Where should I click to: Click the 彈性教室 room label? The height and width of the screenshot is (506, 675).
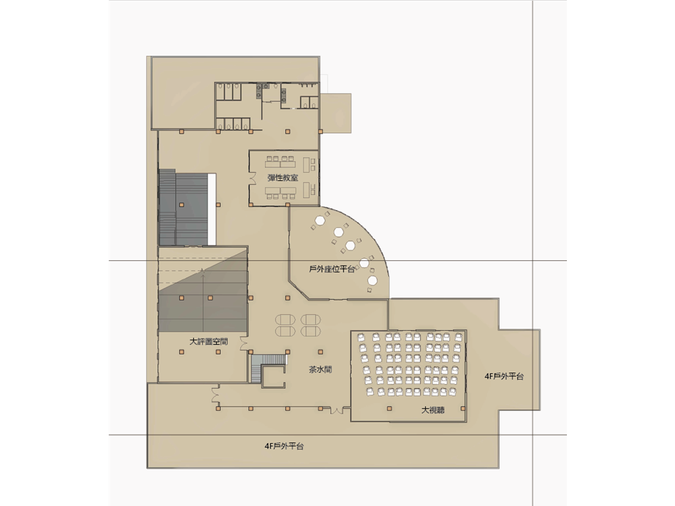click(282, 178)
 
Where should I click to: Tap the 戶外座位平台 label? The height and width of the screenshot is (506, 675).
click(332, 269)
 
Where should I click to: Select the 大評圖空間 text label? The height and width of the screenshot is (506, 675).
click(209, 342)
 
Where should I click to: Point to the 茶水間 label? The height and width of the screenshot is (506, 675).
click(320, 369)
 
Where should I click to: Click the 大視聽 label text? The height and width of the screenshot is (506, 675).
click(432, 410)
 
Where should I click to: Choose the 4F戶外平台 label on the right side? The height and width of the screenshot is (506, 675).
click(504, 376)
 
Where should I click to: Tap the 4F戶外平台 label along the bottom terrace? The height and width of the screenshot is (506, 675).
click(284, 446)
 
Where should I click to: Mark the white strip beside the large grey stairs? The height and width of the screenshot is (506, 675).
click(212, 209)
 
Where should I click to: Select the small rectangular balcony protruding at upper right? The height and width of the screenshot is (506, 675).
click(336, 113)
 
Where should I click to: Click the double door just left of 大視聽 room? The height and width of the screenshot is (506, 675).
click(337, 410)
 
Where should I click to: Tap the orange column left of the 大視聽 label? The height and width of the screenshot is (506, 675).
click(390, 408)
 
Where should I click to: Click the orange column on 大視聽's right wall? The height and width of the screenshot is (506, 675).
click(463, 408)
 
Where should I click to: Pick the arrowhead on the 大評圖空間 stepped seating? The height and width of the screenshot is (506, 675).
click(203, 269)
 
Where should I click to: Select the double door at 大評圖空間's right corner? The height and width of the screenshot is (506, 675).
click(244, 343)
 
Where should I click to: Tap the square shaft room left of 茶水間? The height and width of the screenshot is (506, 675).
click(274, 376)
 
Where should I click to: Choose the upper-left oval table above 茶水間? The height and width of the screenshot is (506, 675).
click(285, 320)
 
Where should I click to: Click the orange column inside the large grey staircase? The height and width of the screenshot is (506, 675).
click(182, 205)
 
